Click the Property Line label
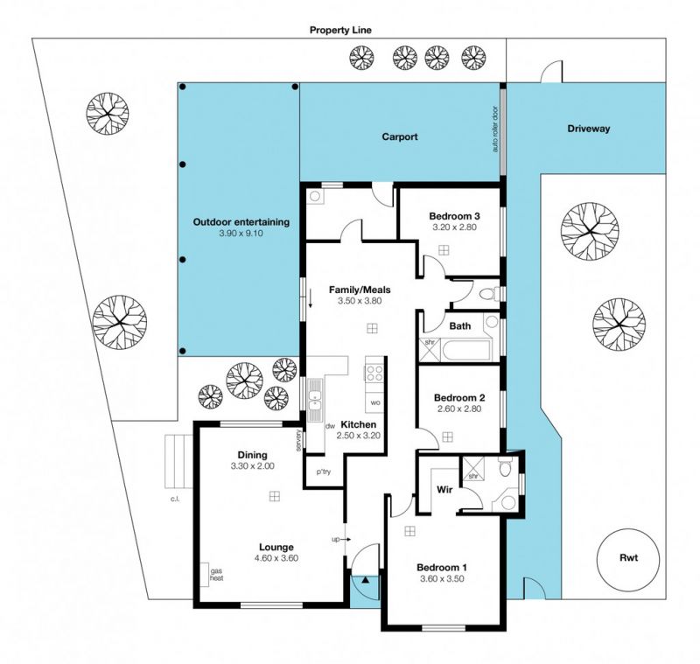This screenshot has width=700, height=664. (340, 30)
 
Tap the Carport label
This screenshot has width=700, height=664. (400, 136)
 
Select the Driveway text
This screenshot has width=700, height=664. (588, 129)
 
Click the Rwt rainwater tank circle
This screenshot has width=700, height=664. (628, 560)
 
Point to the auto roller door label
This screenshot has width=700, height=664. (495, 129)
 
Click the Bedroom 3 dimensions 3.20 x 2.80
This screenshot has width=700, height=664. (454, 227)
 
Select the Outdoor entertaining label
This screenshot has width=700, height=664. (241, 222)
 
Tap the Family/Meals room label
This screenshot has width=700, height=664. (360, 290)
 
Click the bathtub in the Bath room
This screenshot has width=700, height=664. (466, 350)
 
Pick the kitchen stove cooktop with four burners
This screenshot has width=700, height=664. (374, 373)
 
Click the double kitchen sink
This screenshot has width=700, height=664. (315, 401)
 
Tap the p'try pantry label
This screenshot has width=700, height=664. (324, 472)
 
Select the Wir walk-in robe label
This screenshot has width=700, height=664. (444, 490)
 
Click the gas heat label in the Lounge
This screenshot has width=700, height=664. (216, 575)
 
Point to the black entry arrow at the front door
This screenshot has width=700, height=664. (365, 580)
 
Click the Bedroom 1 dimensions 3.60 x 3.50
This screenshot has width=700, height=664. (442, 579)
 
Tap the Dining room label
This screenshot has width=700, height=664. (252, 455)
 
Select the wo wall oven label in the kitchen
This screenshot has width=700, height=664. (375, 402)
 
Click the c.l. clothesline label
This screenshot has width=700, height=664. (174, 499)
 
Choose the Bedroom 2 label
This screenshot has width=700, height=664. (459, 397)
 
